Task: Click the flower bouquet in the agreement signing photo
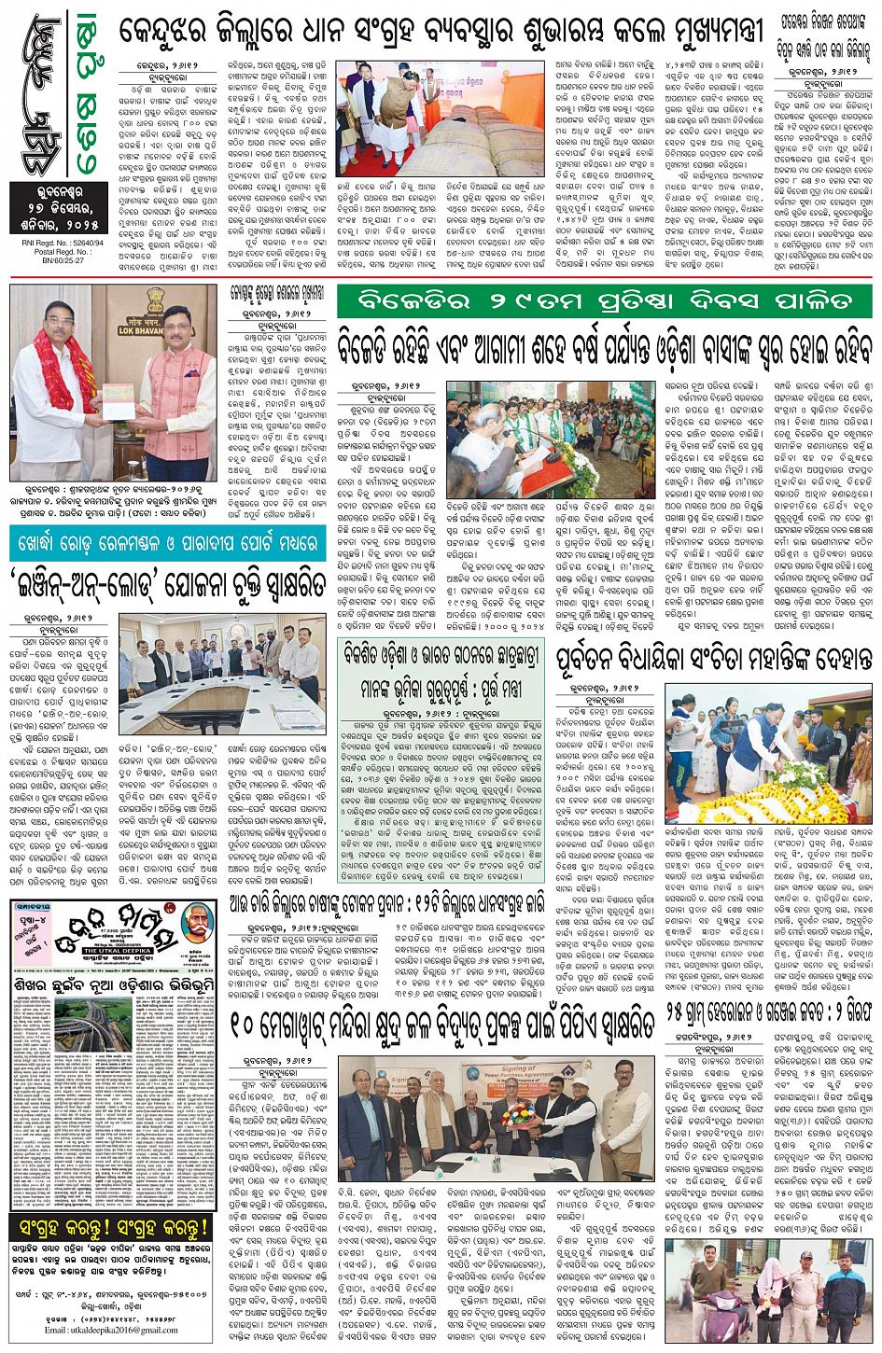click(x=514, y=1114)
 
